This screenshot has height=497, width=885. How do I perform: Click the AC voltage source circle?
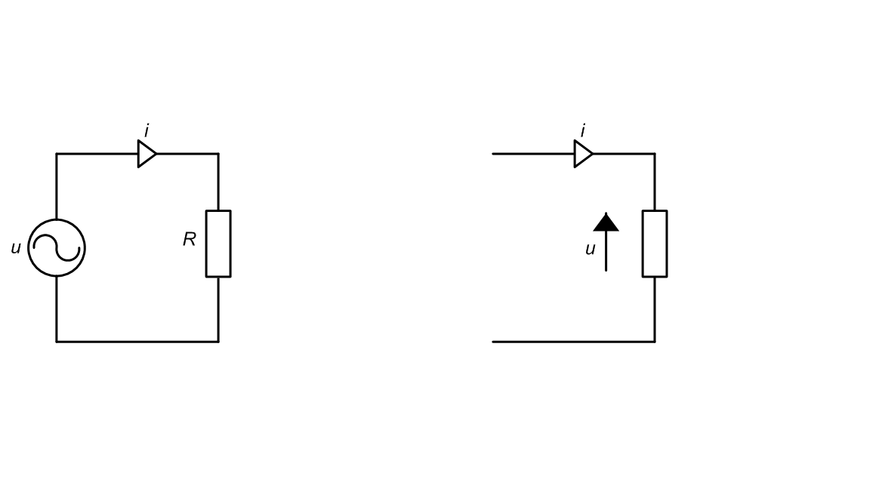click(57, 219)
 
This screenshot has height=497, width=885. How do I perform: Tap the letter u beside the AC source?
click(16, 248)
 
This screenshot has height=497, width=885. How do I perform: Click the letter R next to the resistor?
click(189, 240)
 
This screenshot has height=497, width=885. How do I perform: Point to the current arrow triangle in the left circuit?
click(146, 154)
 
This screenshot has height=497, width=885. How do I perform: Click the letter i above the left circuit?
click(146, 131)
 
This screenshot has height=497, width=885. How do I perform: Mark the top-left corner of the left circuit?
click(57, 153)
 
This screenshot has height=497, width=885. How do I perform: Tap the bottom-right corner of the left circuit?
click(218, 342)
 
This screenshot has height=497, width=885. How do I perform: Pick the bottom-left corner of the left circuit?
click(57, 342)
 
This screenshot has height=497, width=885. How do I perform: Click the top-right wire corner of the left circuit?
click(218, 153)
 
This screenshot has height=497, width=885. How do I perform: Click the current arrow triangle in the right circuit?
click(583, 154)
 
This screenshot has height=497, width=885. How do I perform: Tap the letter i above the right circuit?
click(583, 131)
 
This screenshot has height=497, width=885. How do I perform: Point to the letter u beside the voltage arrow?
click(591, 249)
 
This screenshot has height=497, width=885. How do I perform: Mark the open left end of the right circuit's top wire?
click(493, 153)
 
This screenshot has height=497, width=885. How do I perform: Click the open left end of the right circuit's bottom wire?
click(493, 342)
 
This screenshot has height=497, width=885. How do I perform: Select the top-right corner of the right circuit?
click(655, 153)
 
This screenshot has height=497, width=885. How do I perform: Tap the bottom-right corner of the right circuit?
click(655, 342)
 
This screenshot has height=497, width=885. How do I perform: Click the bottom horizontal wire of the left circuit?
click(137, 342)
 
